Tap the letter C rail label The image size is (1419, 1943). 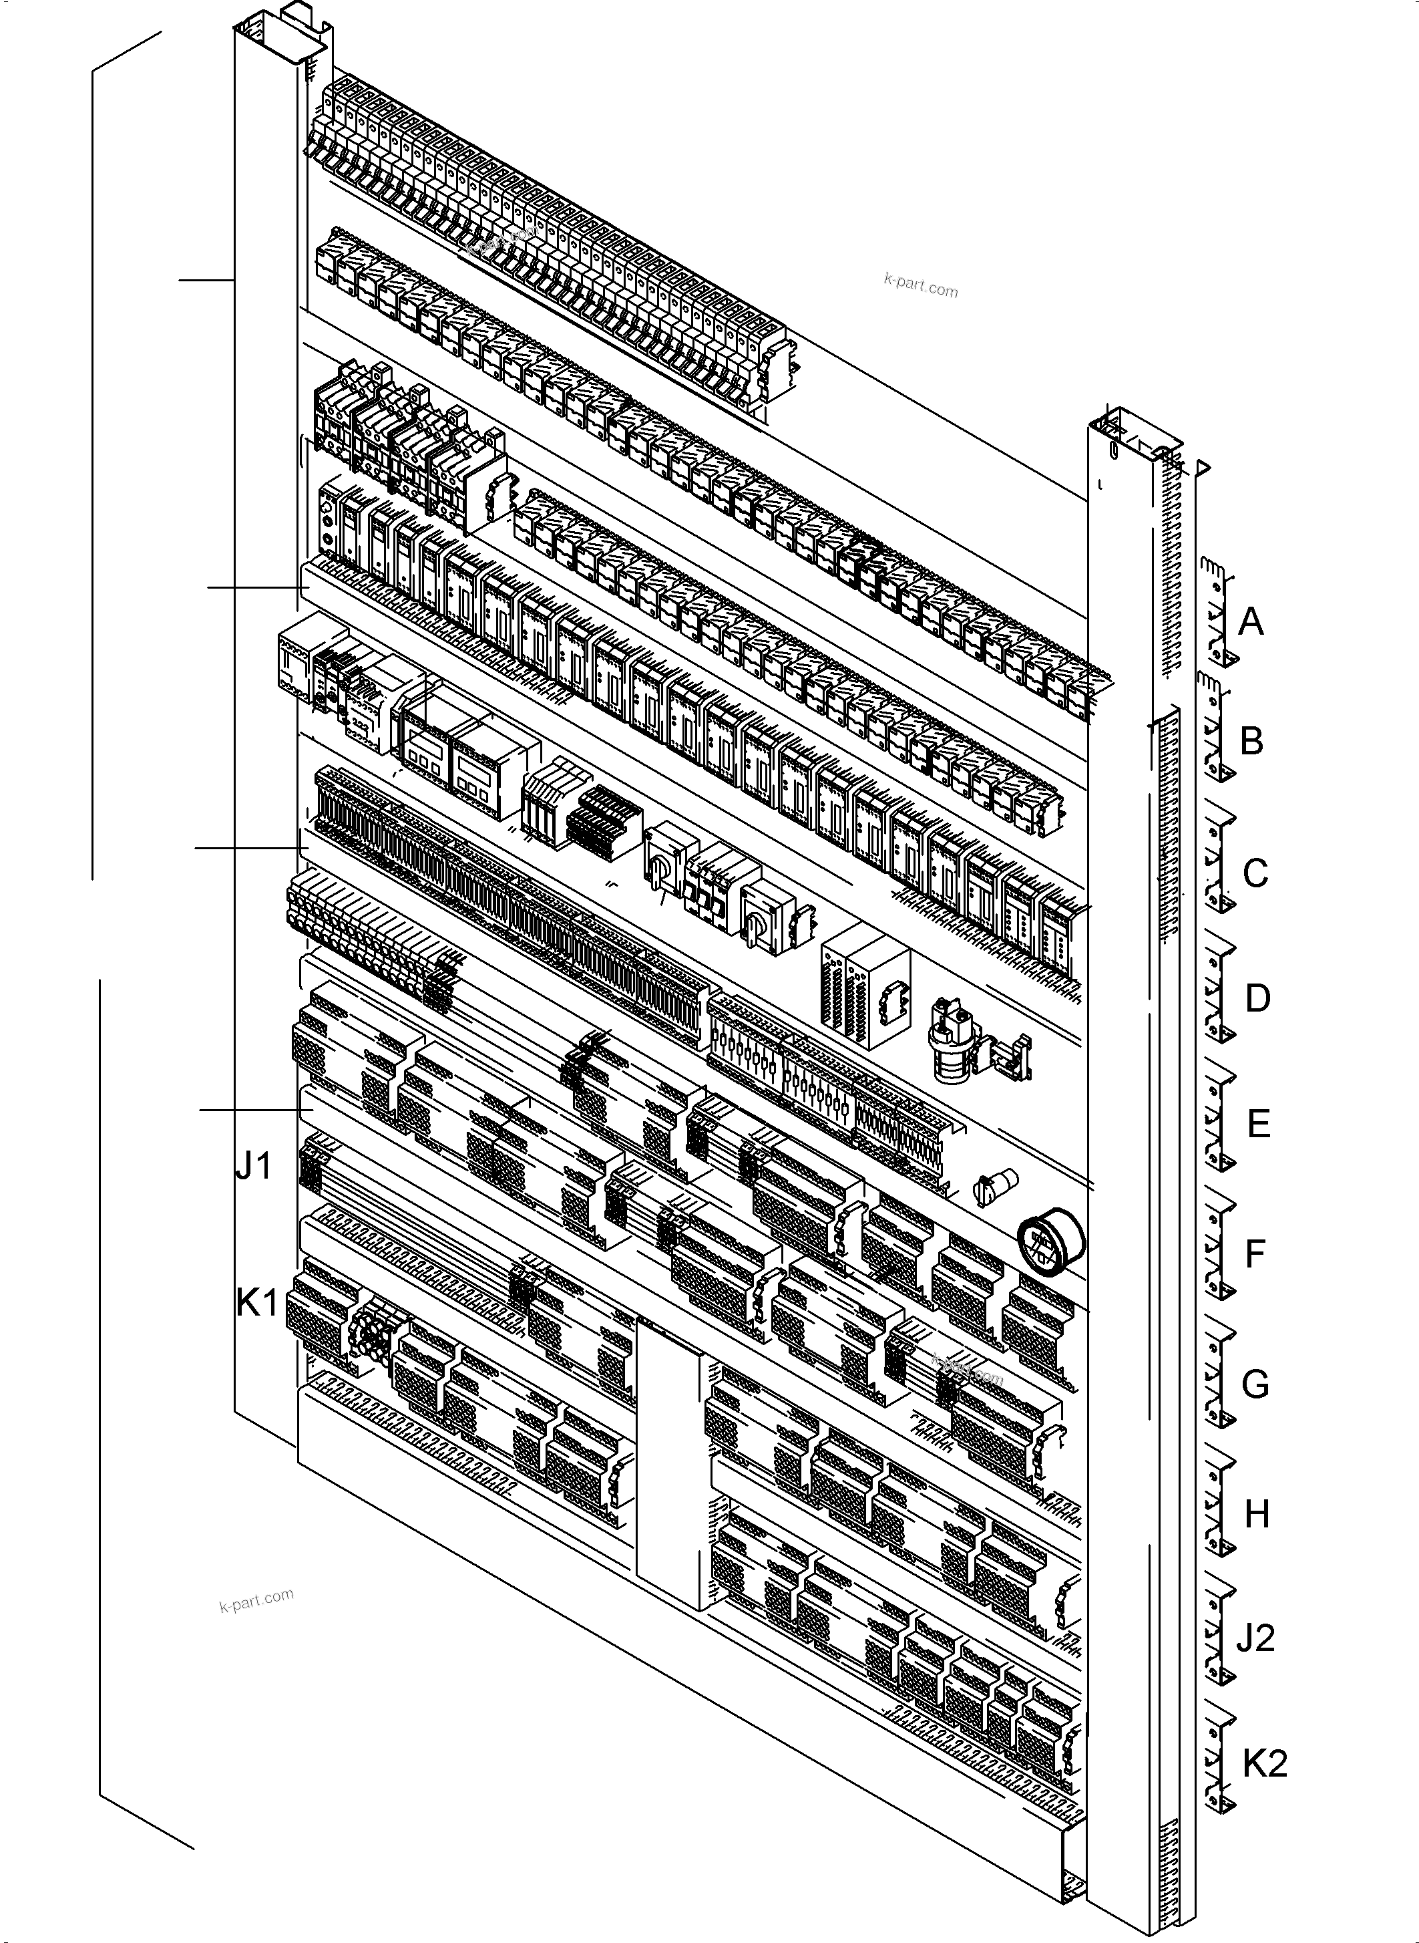pos(1255,873)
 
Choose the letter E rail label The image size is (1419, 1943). pos(1258,1124)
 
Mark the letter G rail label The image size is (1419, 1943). pos(1255,1384)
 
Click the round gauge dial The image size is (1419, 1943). pos(1050,1243)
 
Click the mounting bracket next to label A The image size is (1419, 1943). pos(1218,612)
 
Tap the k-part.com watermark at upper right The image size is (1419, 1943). pos(920,285)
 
